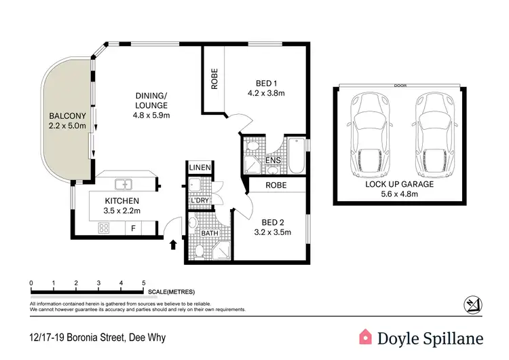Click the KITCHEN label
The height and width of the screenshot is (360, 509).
pyautogui.click(x=121, y=201)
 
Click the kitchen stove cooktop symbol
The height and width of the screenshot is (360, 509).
pyautogui.click(x=105, y=229)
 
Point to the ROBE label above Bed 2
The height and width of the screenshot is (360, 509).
pyautogui.click(x=276, y=185)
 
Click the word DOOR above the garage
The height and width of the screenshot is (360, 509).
pyautogui.click(x=401, y=86)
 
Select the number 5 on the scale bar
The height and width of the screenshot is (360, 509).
pyautogui.click(x=143, y=283)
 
